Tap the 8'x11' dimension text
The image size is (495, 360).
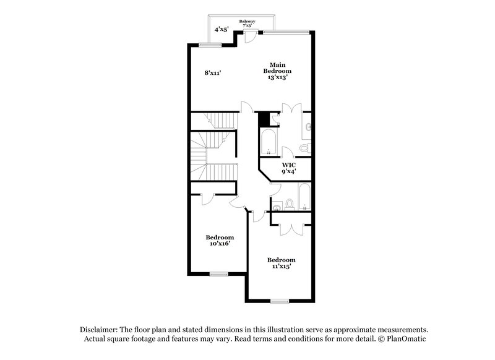pyautogui.click(x=213, y=73)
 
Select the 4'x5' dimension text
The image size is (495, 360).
pyautogui.click(x=220, y=29)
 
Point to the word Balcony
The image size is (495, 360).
pyautogui.click(x=248, y=21)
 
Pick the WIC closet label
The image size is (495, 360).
pyautogui.click(x=288, y=168)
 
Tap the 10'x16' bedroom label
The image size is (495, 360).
pyautogui.click(x=220, y=241)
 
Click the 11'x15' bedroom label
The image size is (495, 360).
pyautogui.click(x=281, y=263)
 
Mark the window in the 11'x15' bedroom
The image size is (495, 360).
pyautogui.click(x=280, y=301)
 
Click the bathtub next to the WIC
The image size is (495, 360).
pyautogui.click(x=268, y=142)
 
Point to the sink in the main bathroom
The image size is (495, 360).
pyautogui.click(x=308, y=127)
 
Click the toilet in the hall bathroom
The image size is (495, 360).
pyautogui.click(x=288, y=204)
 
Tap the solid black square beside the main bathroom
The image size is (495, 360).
pyautogui.click(x=264, y=118)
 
